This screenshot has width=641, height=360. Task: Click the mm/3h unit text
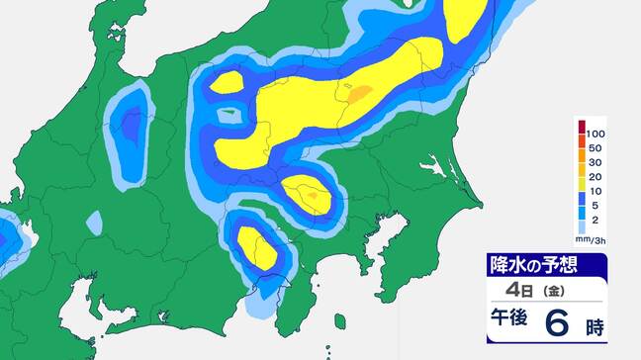coord(592,237)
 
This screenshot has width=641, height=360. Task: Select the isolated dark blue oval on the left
coord(129,129)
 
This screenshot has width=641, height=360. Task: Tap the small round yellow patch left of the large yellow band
coord(227,82)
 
